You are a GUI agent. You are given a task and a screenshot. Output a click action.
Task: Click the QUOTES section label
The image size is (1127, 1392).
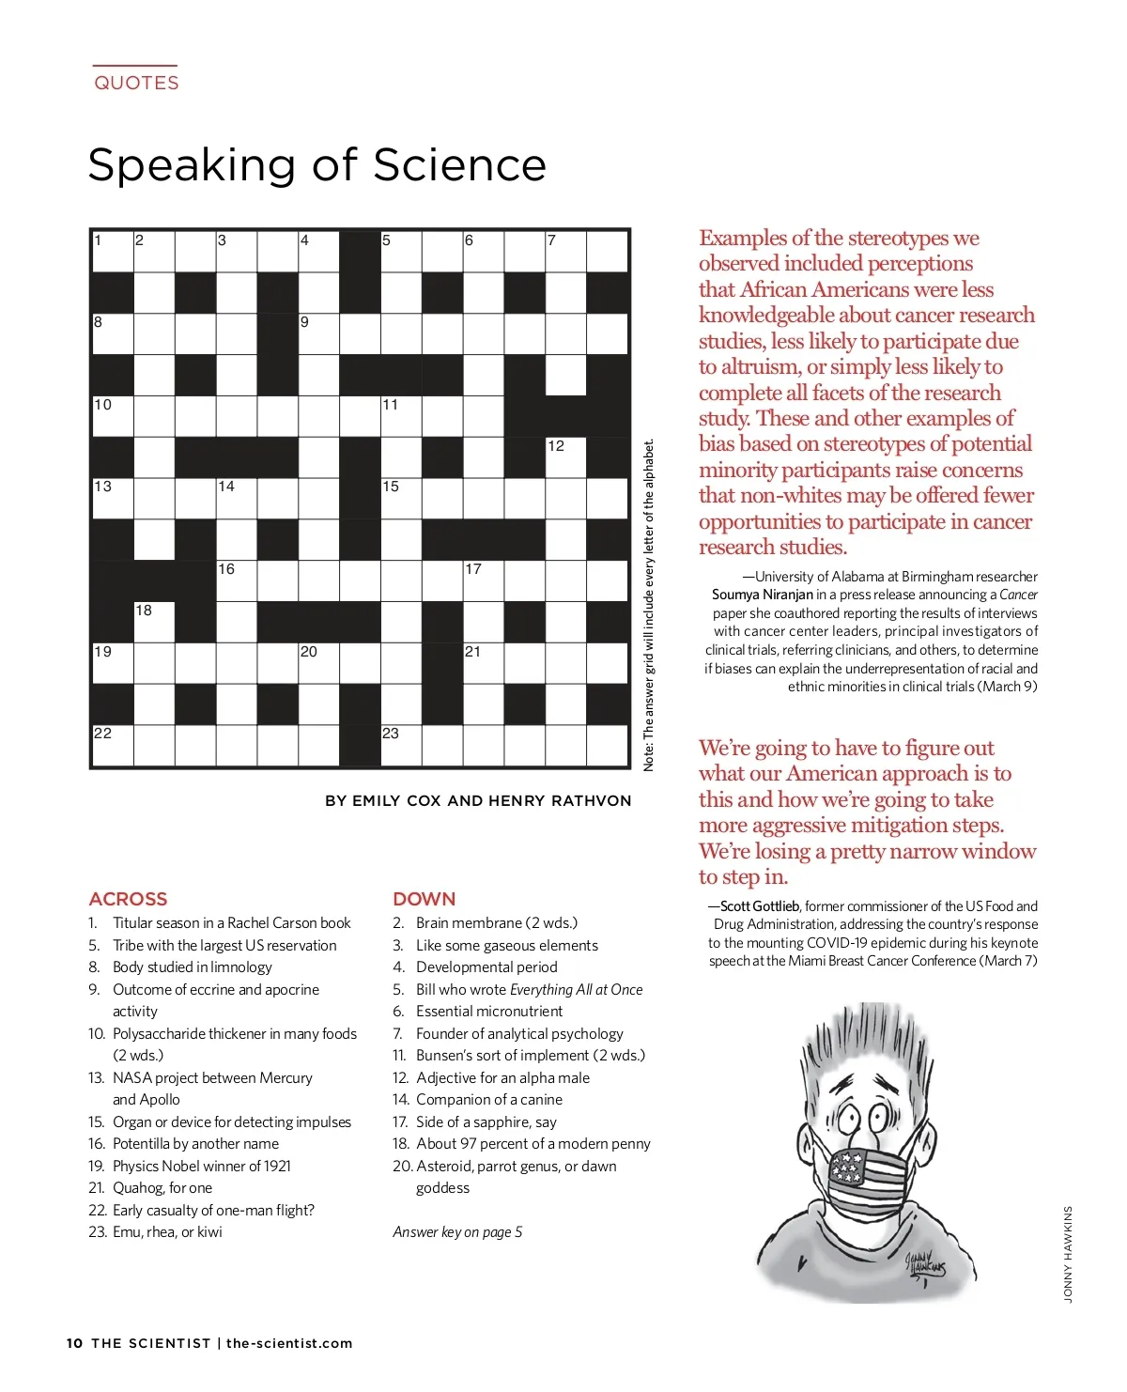tap(136, 83)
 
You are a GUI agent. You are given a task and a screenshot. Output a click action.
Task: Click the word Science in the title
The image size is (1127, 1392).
tap(459, 165)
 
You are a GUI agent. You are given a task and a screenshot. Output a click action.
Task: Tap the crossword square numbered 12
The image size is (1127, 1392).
tap(565, 457)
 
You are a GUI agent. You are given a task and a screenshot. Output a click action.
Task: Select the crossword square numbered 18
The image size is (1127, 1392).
tap(154, 622)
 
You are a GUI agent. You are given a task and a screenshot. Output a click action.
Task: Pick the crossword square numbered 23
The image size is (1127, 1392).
tap(401, 745)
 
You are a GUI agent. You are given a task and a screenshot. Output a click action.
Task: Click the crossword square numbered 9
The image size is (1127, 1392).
tap(318, 333)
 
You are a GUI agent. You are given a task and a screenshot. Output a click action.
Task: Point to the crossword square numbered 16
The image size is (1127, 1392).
tap(236, 580)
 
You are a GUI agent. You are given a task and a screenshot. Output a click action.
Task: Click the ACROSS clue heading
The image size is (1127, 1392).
tap(128, 899)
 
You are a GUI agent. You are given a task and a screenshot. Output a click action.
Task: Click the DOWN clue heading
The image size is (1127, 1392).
tap(424, 899)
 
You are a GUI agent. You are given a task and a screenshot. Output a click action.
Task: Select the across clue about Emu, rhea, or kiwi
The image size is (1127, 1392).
tap(167, 1232)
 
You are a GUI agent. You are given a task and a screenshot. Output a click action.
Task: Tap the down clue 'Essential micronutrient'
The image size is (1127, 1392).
tap(488, 1012)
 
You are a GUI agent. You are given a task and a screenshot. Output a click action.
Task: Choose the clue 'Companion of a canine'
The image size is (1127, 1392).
tap(488, 1100)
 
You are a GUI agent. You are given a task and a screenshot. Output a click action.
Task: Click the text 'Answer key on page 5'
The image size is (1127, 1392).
tap(457, 1232)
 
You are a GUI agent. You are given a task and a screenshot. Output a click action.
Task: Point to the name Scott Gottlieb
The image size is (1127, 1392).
tap(760, 906)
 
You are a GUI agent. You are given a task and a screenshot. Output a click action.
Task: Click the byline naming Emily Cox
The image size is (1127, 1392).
tap(478, 801)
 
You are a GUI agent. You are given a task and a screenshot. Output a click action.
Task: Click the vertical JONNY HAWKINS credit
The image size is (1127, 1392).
tap(1068, 1254)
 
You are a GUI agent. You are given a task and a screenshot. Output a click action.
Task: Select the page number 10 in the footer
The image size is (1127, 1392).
tap(74, 1343)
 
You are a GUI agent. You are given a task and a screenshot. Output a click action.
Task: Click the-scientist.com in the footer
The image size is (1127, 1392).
tap(289, 1343)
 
